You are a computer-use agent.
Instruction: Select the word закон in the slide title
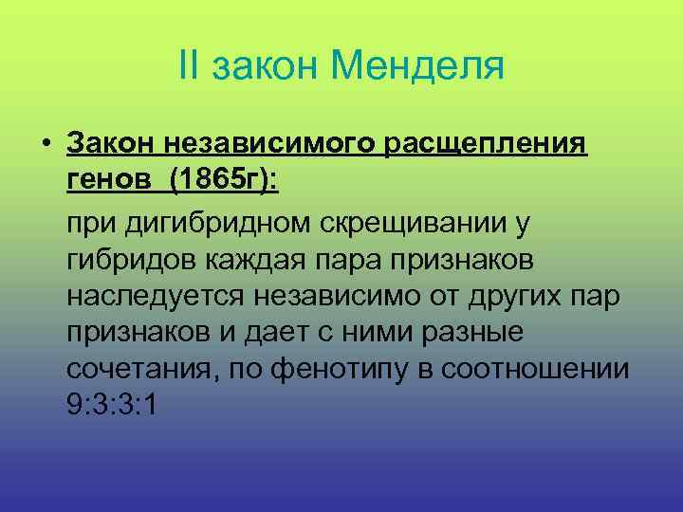[267, 65]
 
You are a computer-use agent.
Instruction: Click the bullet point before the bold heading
[46, 142]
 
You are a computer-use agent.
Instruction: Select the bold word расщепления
[487, 142]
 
